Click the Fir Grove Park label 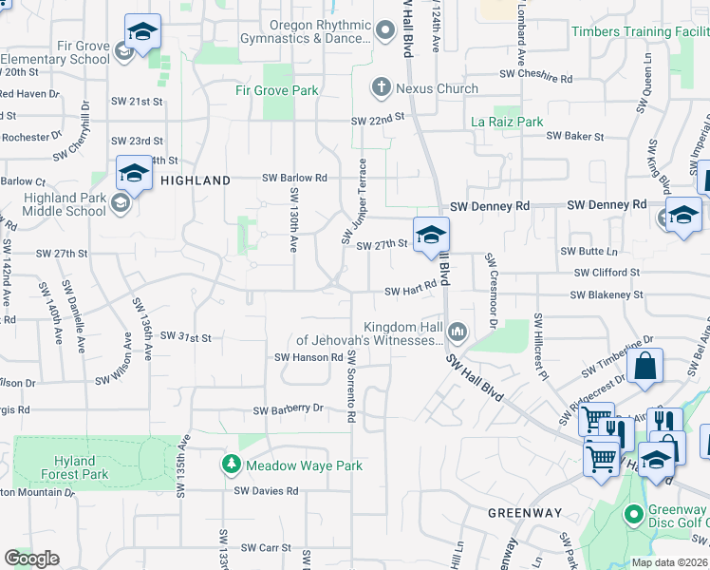click(276, 91)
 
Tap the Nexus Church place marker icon click(382, 88)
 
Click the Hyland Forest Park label click(75, 466)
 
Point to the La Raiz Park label click(507, 122)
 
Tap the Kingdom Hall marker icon click(458, 332)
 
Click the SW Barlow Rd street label click(294, 178)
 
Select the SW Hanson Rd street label click(308, 357)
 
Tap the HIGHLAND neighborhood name click(195, 180)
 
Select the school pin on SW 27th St click(431, 236)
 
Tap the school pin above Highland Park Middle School click(135, 175)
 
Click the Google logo click(30, 559)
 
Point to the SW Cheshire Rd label click(535, 73)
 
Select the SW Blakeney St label click(607, 295)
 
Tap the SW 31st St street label click(185, 336)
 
